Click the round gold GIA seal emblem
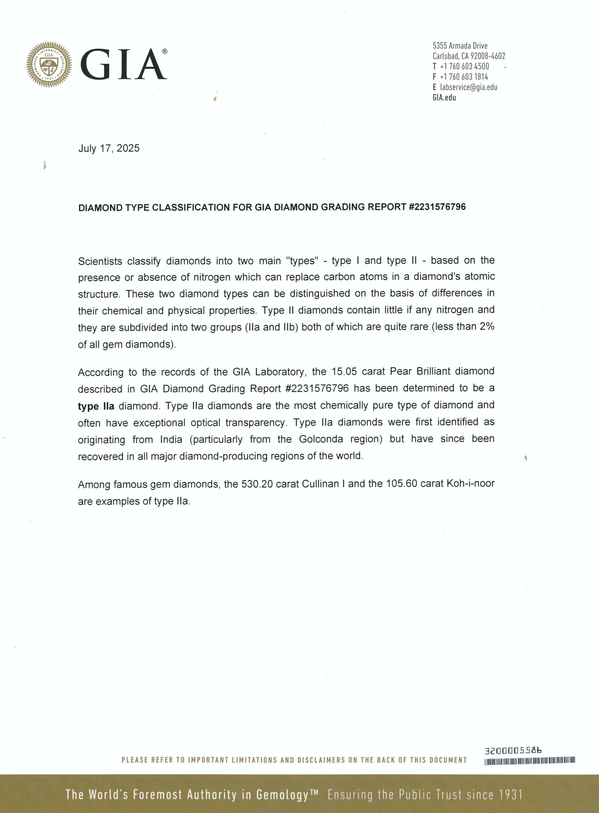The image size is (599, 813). click(49, 64)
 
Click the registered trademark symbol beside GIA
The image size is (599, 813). click(165, 51)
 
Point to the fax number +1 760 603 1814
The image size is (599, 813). click(464, 77)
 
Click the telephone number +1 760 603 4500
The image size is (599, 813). click(464, 67)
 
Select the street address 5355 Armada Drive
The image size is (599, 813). click(460, 46)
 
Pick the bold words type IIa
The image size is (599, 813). click(96, 406)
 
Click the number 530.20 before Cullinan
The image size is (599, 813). click(257, 484)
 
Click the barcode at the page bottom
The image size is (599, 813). click(530, 761)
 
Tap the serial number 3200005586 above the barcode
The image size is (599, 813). click(513, 751)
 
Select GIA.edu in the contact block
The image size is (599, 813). click(444, 97)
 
